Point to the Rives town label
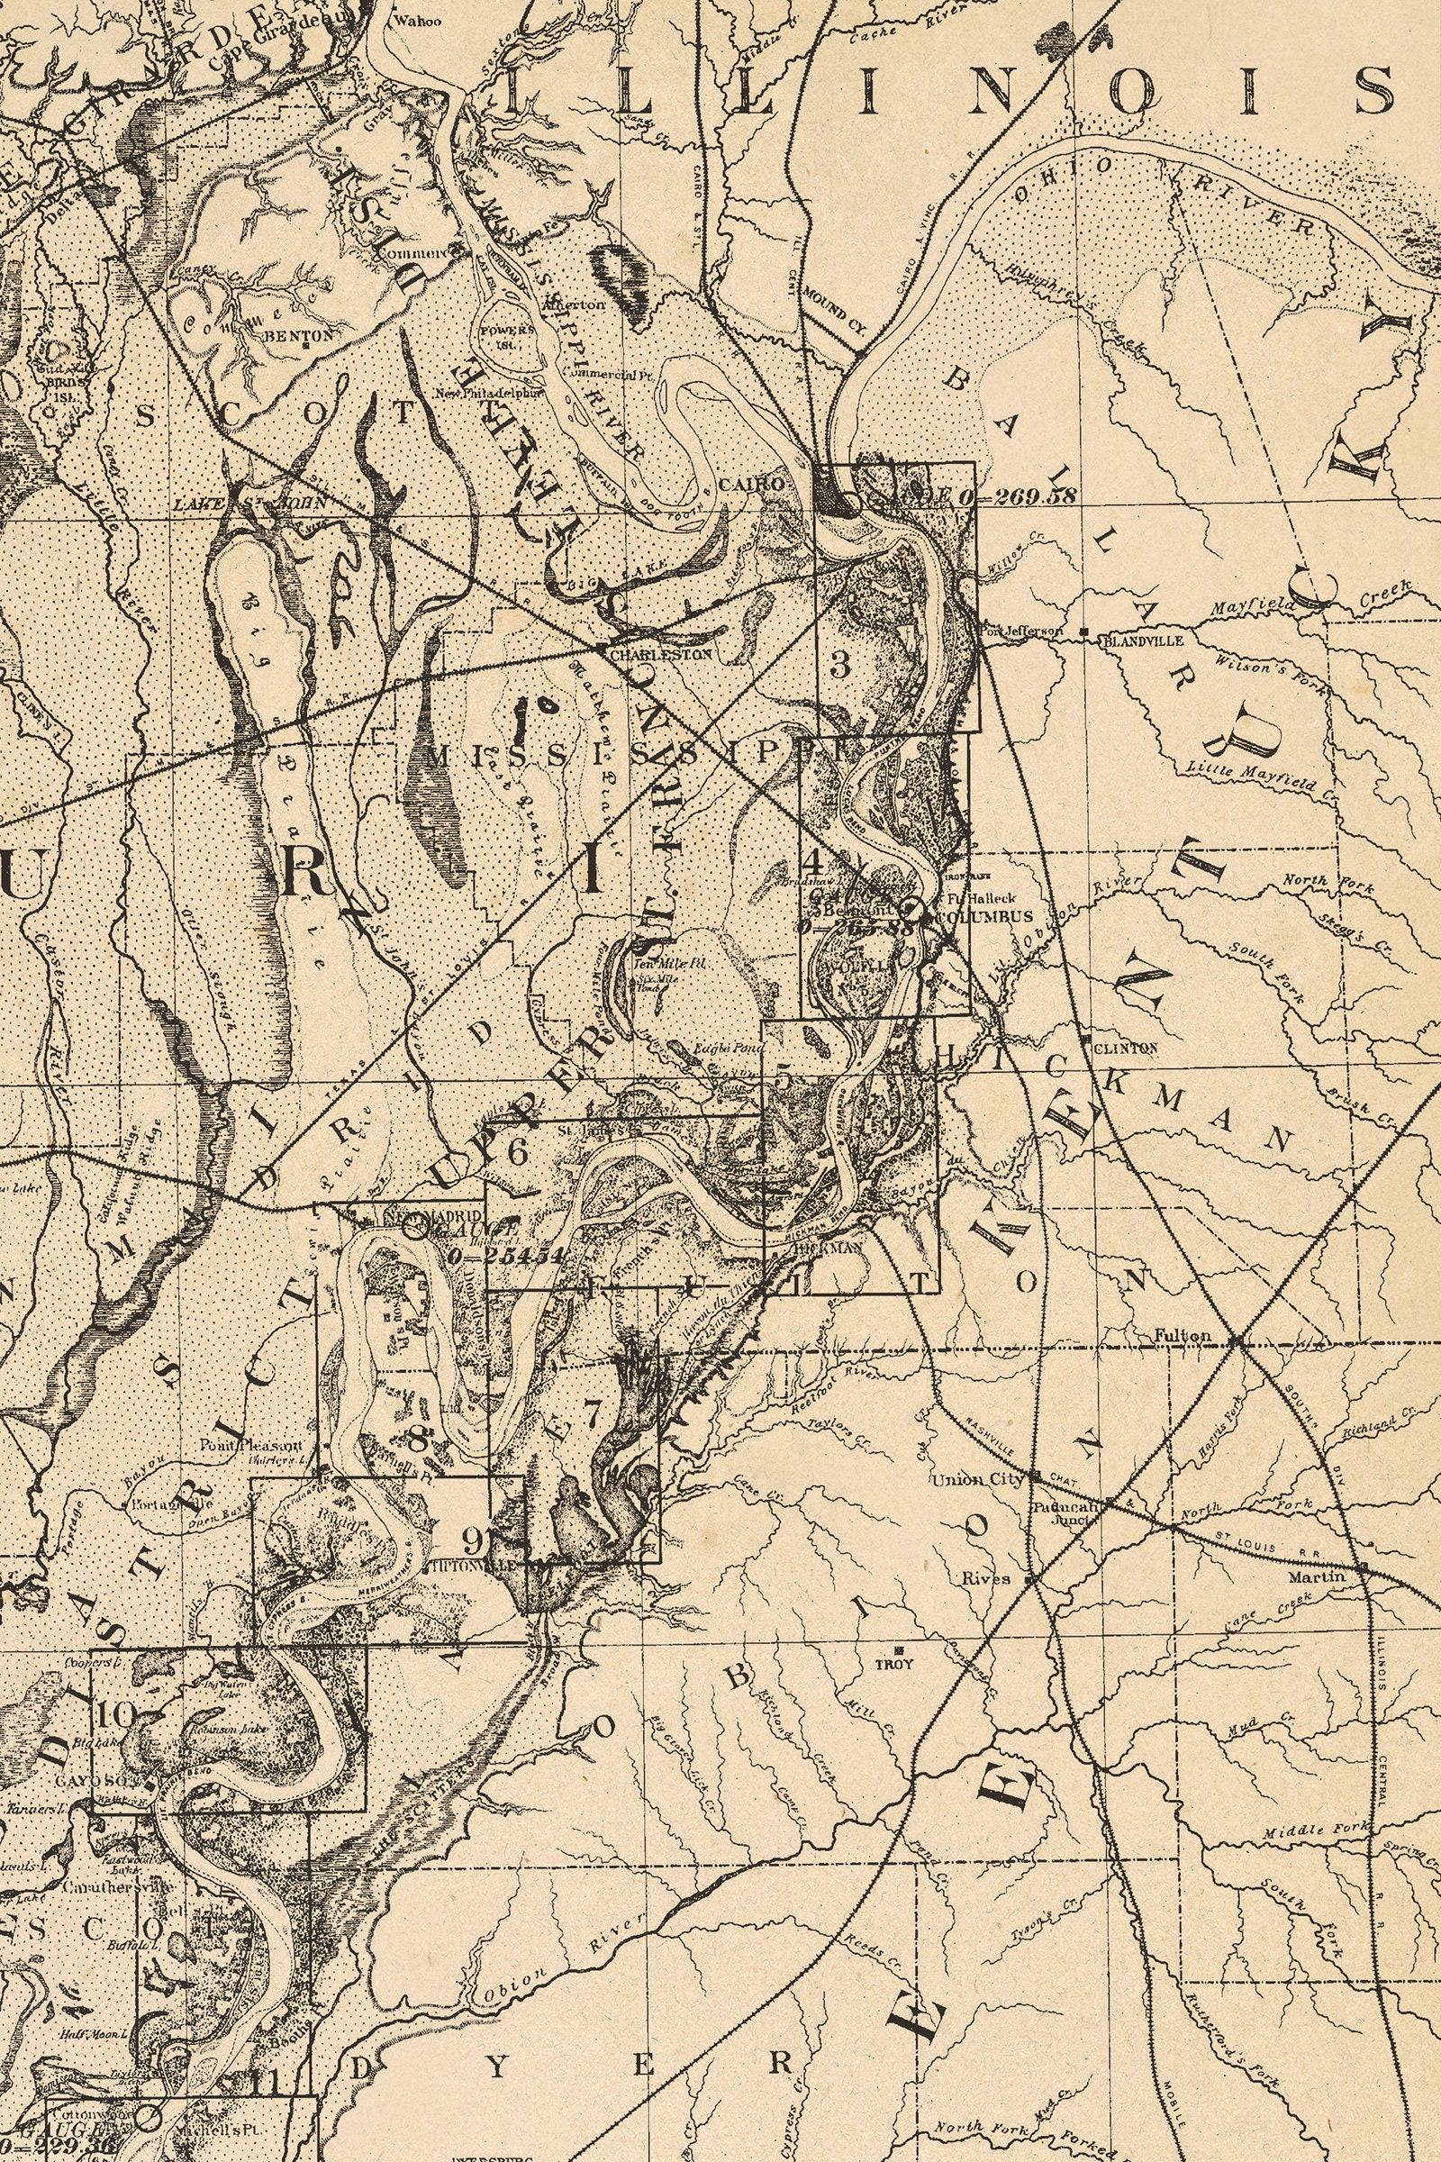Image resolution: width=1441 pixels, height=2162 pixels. click(x=986, y=1578)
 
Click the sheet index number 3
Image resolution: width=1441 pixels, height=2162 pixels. click(x=839, y=666)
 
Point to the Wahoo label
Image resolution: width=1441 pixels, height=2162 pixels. click(x=417, y=20)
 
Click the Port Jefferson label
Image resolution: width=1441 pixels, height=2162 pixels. click(x=1022, y=631)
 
